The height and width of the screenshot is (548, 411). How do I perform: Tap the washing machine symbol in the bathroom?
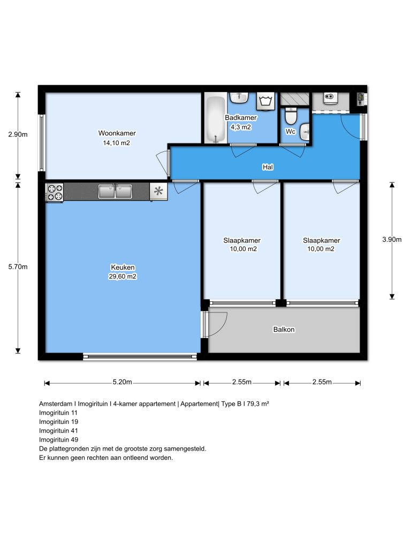point(265,101)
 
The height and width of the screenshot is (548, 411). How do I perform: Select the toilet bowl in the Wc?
point(291,116)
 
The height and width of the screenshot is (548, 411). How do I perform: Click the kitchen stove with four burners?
point(54,192)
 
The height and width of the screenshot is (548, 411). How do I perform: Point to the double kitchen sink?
point(115,191)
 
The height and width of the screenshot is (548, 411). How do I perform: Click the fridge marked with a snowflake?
point(158,192)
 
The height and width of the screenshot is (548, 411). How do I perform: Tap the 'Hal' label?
point(268,167)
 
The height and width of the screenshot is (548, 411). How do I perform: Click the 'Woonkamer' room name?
point(117,133)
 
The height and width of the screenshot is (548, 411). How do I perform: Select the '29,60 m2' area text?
point(123,277)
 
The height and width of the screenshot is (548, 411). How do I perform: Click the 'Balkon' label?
point(284,330)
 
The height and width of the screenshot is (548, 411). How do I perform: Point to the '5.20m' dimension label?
point(123,382)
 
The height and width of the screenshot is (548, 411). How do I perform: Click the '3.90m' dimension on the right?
point(392,240)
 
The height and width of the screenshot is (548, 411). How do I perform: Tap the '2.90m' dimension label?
point(18,135)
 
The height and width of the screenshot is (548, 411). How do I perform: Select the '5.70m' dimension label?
point(18,267)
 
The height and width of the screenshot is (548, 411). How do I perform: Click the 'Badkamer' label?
point(241,118)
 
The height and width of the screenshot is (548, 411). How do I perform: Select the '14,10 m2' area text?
point(117,143)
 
